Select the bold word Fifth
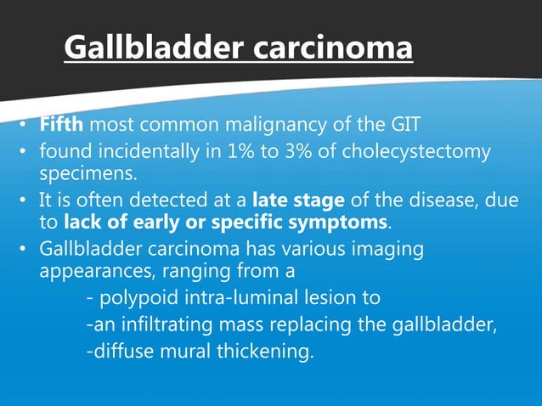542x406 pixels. pyautogui.click(x=61, y=127)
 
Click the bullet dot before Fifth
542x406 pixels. pyautogui.click(x=27, y=128)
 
